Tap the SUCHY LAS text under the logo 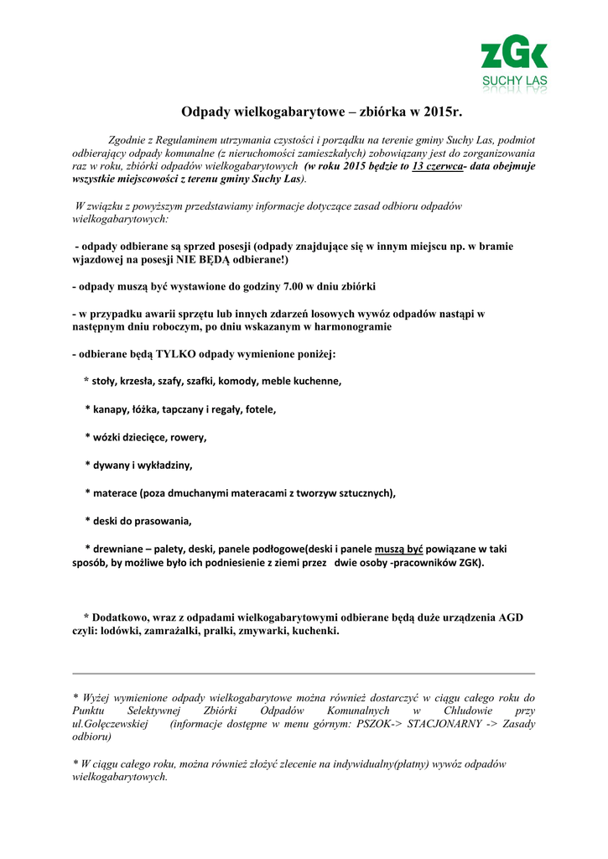(x=514, y=81)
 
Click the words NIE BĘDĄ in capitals (x=202, y=260)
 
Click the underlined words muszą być (x=398, y=549)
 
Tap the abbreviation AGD (x=511, y=617)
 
